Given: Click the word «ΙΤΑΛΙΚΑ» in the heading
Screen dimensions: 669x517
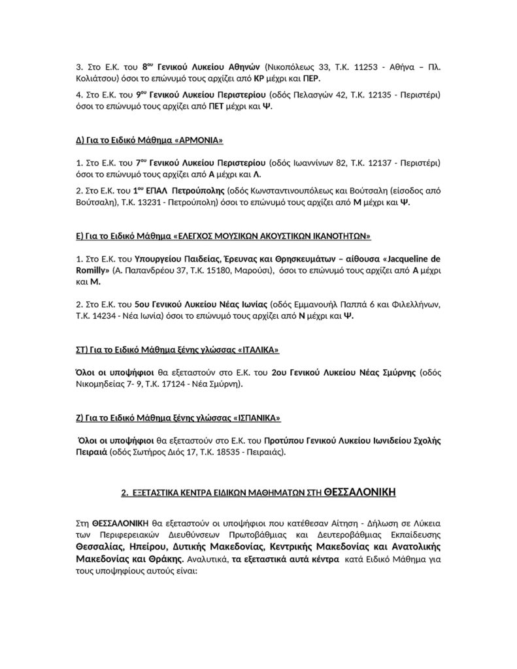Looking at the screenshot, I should click(x=256, y=350).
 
